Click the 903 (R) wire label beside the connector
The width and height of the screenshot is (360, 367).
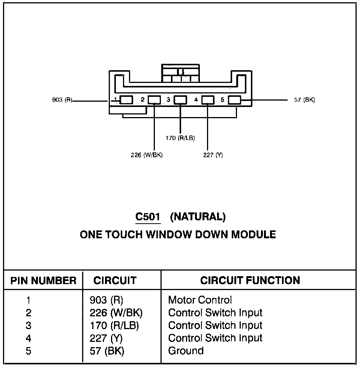[x=62, y=100]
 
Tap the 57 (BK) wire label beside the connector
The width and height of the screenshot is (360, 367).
[x=304, y=100]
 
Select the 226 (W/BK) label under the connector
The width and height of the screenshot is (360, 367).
[x=147, y=155]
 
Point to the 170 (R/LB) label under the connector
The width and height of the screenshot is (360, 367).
[x=180, y=138]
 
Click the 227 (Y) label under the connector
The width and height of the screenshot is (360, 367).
[x=213, y=155]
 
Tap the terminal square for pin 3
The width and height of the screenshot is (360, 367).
[x=181, y=100]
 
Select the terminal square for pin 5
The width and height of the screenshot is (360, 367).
[x=234, y=100]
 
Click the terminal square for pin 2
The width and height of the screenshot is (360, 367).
[x=154, y=100]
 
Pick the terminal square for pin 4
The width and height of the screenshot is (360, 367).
[x=208, y=100]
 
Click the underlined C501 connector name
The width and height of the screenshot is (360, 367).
[x=148, y=217]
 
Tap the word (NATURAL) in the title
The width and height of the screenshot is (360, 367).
[x=198, y=217]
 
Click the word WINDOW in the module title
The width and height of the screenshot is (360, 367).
[x=170, y=235]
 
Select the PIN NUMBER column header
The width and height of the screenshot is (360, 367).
[x=43, y=281]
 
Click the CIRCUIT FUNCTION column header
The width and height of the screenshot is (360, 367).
[x=250, y=280]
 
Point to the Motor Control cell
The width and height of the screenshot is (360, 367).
[x=200, y=300]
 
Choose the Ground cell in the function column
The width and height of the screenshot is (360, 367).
[x=186, y=351]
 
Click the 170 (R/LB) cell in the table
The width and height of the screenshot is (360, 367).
[x=114, y=326]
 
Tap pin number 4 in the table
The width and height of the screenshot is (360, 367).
[x=29, y=338]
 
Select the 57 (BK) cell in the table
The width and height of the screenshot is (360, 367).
[x=107, y=351]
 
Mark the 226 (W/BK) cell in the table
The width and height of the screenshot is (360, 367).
[x=116, y=313]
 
